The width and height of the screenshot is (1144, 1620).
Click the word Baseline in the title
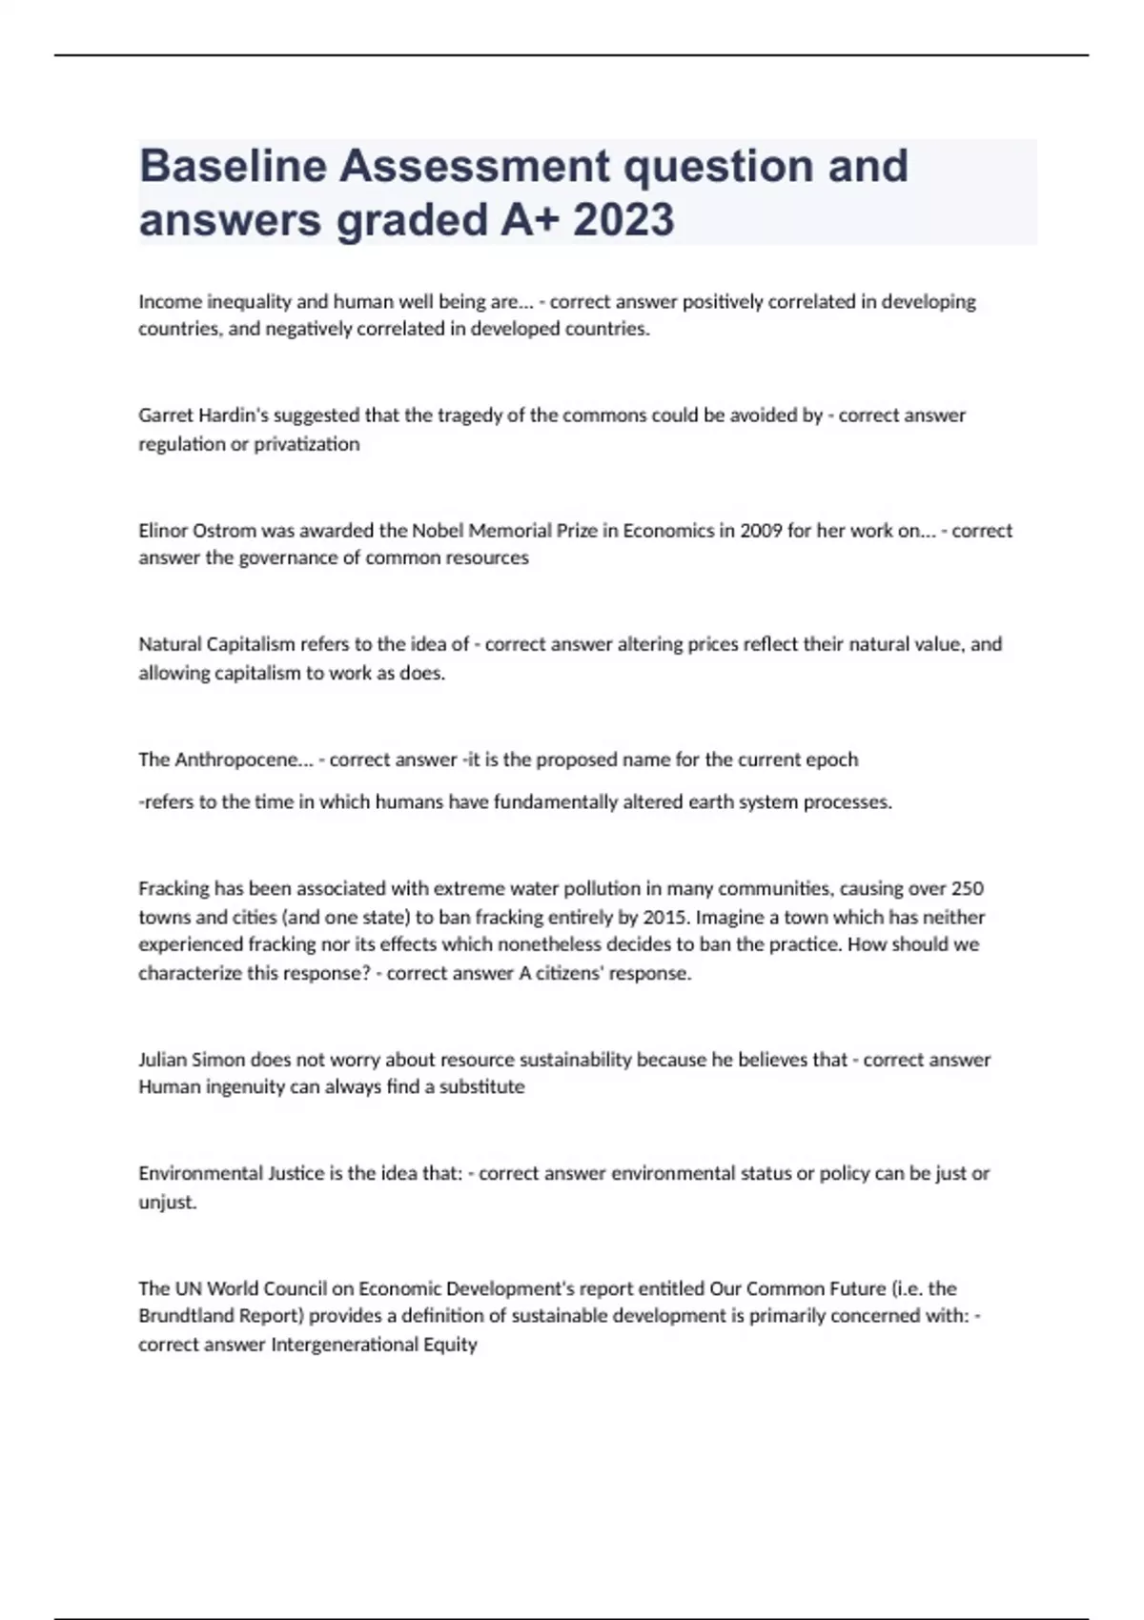(233, 166)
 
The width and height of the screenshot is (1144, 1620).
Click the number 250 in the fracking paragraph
(968, 889)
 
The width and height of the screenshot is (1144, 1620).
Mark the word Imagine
(733, 918)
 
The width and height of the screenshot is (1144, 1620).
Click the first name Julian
(163, 1060)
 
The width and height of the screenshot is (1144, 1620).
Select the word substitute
(481, 1087)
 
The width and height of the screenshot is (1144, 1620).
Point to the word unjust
(166, 1203)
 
